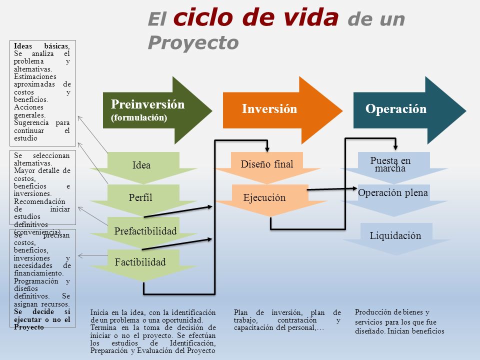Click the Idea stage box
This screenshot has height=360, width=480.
click(141, 165)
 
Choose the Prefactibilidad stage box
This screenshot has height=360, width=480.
click(145, 231)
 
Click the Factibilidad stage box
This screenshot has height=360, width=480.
click(140, 261)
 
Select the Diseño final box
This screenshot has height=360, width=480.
click(267, 164)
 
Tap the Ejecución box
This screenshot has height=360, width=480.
click(264, 197)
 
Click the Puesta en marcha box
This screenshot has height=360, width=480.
click(390, 164)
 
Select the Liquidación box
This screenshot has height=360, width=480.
click(395, 235)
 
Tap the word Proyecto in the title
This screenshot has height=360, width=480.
click(193, 42)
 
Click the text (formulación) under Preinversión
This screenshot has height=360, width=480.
click(139, 118)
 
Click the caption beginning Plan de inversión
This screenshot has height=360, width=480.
click(287, 320)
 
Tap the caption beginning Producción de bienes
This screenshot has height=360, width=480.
click(399, 321)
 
